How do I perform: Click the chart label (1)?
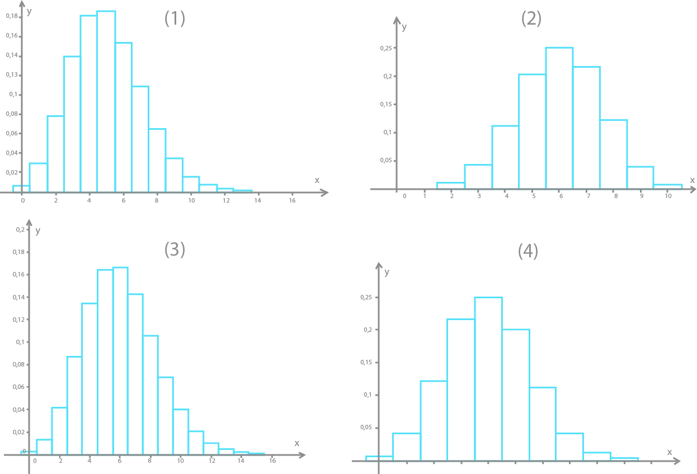coord(175,18)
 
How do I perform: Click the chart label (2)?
coord(531,18)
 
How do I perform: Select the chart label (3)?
coord(175,250)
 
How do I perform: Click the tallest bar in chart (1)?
coord(106,101)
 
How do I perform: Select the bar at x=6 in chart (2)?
coord(559,118)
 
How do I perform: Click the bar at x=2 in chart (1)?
coord(55,153)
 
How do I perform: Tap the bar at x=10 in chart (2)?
coord(668,186)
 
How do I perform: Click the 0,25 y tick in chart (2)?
coord(386,48)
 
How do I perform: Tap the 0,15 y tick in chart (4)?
coord(366,362)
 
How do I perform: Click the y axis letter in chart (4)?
coord(387,272)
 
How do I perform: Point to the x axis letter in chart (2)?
coord(692,180)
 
